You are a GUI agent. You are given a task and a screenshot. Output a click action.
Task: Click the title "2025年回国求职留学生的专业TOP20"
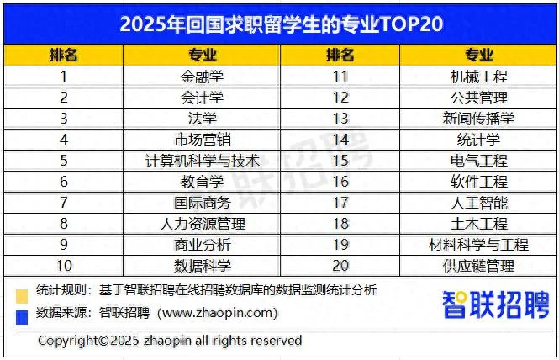pyautogui.click(x=280, y=24)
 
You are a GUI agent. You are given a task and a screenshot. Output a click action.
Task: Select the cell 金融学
pyautogui.click(x=203, y=77)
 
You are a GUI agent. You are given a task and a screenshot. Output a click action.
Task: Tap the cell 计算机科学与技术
pyautogui.click(x=203, y=161)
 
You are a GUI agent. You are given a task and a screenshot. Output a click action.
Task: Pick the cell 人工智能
pyautogui.click(x=479, y=203)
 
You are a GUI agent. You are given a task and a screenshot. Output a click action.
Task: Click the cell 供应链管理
pyautogui.click(x=479, y=266)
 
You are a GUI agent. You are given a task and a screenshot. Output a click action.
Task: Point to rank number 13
pyautogui.click(x=340, y=119)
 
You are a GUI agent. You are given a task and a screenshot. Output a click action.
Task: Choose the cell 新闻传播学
pyautogui.click(x=479, y=119)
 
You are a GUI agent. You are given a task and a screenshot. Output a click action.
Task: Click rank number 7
pyautogui.click(x=63, y=203)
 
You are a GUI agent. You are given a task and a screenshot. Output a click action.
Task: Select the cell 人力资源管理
pyautogui.click(x=203, y=224)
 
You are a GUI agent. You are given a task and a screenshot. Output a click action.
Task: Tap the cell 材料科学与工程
pyautogui.click(x=479, y=245)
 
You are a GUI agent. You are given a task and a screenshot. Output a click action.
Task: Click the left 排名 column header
pyautogui.click(x=63, y=56)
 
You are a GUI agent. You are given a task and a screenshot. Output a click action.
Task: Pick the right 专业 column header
pyautogui.click(x=479, y=56)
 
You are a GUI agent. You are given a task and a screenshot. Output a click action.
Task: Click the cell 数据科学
pyautogui.click(x=203, y=266)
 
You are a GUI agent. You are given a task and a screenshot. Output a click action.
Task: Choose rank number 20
pyautogui.click(x=340, y=266)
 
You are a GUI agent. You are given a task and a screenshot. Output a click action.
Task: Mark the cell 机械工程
pyautogui.click(x=479, y=77)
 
